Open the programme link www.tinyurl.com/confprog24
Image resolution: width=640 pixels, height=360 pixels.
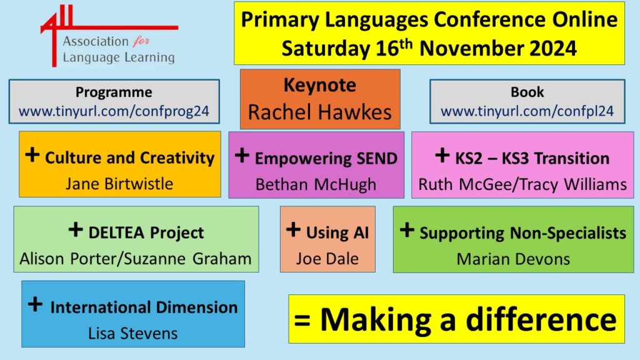(x=114, y=111)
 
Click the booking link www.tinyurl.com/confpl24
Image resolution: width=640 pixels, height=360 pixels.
(x=527, y=111)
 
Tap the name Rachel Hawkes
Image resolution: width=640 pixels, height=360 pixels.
(x=320, y=112)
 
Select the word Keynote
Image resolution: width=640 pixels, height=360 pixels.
(x=320, y=85)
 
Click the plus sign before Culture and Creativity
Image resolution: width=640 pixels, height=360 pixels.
(x=32, y=155)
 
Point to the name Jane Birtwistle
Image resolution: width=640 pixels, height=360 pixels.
(x=119, y=184)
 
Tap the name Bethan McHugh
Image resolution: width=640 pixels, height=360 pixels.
(x=316, y=184)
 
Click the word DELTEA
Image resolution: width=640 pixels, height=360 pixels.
(x=116, y=232)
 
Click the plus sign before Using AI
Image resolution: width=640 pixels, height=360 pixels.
(x=293, y=229)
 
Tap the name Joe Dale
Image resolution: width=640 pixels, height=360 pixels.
(x=327, y=259)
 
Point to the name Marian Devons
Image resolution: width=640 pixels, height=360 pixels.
(x=513, y=259)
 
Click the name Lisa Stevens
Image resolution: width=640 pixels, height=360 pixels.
(x=133, y=334)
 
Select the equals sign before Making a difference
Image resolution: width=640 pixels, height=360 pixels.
(x=302, y=321)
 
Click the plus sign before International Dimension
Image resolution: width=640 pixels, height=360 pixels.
(x=35, y=304)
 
